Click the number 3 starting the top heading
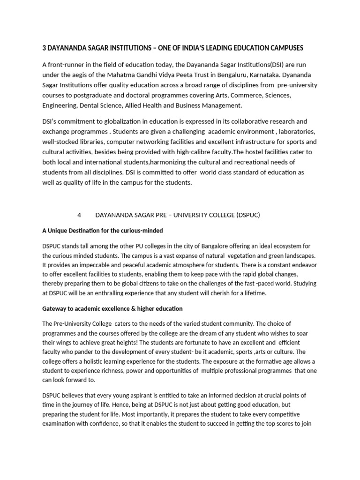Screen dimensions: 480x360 pyautogui.click(x=45, y=48)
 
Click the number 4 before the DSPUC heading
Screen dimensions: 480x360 pyautogui.click(x=79, y=215)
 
